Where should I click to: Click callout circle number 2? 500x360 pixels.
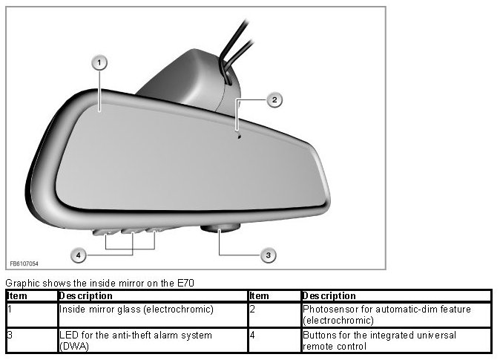point(274,99)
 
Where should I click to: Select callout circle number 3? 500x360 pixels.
point(269,255)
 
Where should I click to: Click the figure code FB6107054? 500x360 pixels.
point(24,264)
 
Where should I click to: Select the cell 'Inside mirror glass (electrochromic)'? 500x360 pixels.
point(136,309)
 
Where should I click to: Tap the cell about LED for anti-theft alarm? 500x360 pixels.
point(136,340)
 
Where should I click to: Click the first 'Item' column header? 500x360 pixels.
point(17,295)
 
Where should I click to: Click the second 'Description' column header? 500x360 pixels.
point(330,295)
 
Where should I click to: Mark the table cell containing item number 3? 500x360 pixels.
point(30,340)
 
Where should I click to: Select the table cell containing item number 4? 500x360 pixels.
point(274,340)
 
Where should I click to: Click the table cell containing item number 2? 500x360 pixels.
point(274,314)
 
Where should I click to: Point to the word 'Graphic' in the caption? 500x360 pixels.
point(21,283)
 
